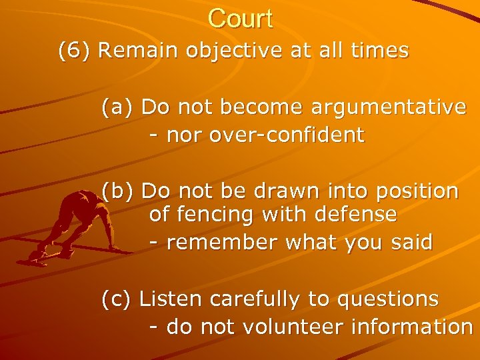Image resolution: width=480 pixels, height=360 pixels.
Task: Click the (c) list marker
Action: pos(118,299)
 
